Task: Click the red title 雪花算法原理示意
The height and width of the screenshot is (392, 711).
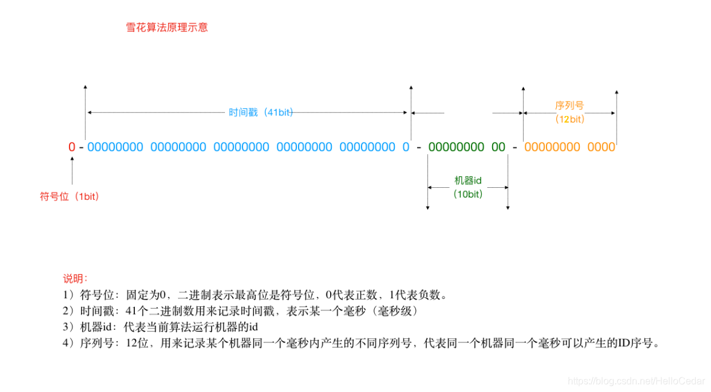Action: tap(166, 28)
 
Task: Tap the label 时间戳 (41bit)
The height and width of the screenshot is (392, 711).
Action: tap(261, 112)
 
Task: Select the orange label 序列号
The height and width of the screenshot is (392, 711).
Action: tap(570, 106)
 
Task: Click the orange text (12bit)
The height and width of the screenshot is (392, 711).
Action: tap(570, 120)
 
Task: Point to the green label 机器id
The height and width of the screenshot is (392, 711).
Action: tap(468, 181)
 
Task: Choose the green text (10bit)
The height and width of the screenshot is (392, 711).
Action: tap(468, 194)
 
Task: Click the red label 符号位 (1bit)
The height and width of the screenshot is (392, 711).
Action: tap(70, 196)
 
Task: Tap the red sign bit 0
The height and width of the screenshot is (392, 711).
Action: tap(72, 147)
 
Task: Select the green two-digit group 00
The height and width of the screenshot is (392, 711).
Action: tap(498, 147)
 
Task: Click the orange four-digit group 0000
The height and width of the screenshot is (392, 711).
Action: tap(601, 147)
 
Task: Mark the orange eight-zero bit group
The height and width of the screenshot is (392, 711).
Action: tap(552, 147)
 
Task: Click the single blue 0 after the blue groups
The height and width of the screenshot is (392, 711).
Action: tap(406, 147)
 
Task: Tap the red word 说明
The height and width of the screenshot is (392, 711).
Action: tap(76, 279)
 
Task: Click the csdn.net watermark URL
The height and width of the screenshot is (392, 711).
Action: tap(637, 381)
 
